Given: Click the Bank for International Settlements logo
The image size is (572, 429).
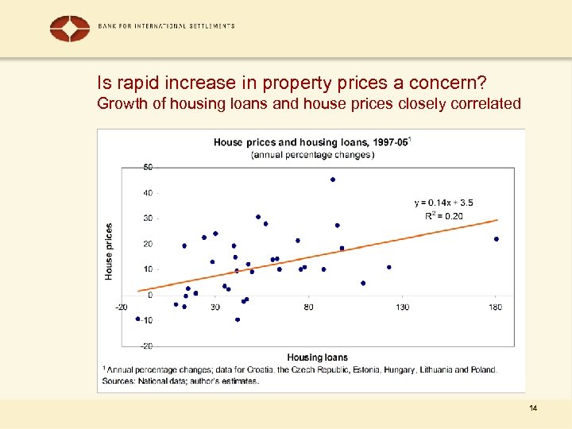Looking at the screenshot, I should pyautogui.click(x=69, y=28).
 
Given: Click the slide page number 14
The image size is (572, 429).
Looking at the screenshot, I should pyautogui.click(x=532, y=408).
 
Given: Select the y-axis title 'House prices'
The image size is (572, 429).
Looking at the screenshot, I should pyautogui.click(x=109, y=251).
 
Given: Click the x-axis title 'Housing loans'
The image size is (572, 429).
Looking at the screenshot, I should pyautogui.click(x=317, y=357).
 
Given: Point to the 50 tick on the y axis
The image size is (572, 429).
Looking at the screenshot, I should pyautogui.click(x=148, y=167).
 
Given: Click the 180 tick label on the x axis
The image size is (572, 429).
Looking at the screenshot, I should pyautogui.click(x=496, y=307).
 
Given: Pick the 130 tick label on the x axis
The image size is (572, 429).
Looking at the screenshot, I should pyautogui.click(x=403, y=307).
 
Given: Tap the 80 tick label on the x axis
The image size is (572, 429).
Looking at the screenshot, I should pyautogui.click(x=308, y=307).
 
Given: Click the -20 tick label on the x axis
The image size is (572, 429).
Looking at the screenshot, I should pyautogui.click(x=121, y=307).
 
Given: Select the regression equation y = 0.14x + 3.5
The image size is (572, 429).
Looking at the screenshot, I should pyautogui.click(x=443, y=203).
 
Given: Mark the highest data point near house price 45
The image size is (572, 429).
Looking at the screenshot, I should pyautogui.click(x=333, y=180).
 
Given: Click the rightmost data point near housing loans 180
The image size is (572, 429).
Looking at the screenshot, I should pyautogui.click(x=497, y=239).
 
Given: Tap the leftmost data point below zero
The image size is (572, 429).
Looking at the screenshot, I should pyautogui.click(x=137, y=319).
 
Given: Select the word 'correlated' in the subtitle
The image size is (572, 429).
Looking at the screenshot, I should pyautogui.click(x=485, y=103).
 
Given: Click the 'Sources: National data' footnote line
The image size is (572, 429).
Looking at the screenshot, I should pyautogui.click(x=180, y=381).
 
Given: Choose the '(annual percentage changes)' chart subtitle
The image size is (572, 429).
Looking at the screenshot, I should pyautogui.click(x=311, y=155).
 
